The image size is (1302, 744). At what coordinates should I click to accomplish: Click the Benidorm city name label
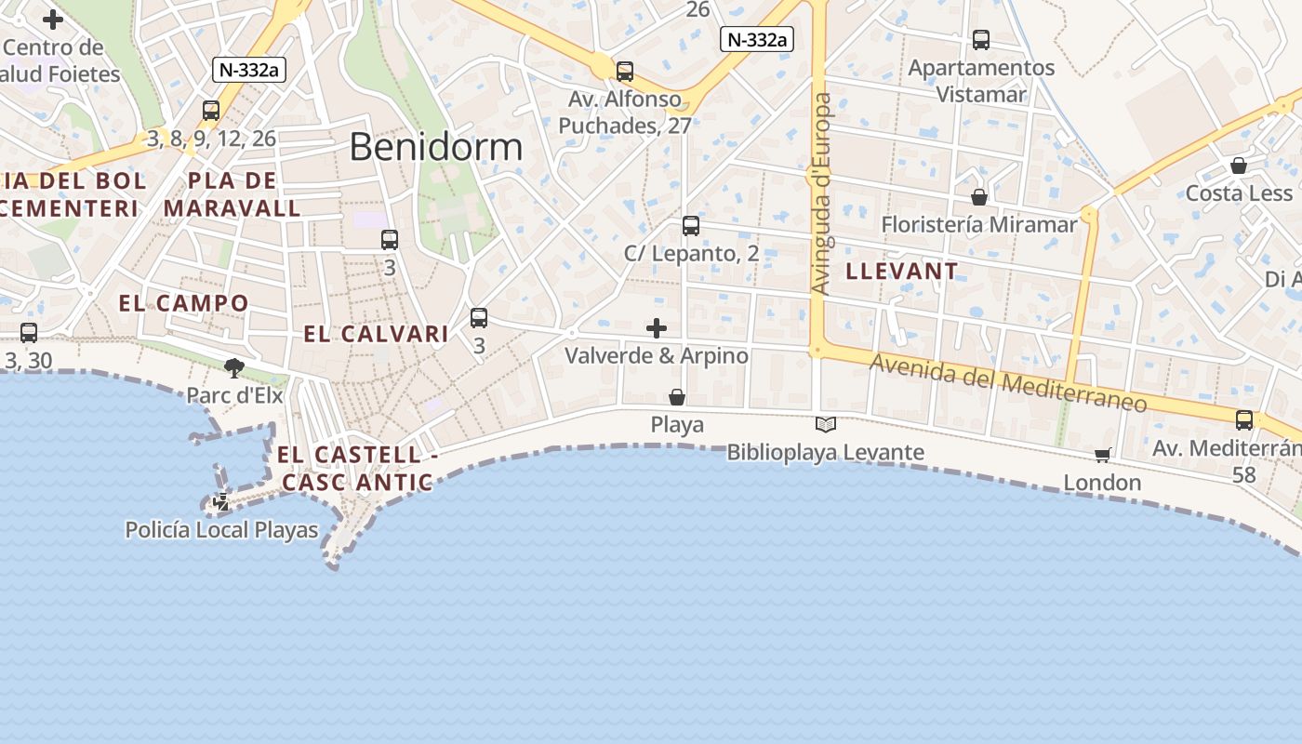click(436, 147)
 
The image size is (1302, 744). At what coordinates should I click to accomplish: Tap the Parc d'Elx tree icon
click(234, 368)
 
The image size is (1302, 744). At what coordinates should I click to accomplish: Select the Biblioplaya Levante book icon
click(825, 425)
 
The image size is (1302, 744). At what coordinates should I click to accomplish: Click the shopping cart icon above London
click(1102, 455)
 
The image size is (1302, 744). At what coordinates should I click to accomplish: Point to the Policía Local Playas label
click(221, 530)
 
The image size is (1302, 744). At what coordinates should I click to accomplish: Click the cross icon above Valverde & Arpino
click(657, 327)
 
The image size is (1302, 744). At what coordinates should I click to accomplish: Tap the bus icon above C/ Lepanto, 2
click(690, 226)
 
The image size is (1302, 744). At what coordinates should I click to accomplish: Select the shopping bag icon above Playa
click(677, 398)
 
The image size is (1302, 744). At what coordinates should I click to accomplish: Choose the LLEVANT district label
click(901, 272)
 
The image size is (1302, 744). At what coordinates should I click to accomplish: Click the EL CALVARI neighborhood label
click(376, 334)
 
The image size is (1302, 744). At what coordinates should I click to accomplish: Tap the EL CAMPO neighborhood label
click(184, 303)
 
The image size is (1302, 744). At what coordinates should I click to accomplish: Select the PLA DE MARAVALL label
click(232, 193)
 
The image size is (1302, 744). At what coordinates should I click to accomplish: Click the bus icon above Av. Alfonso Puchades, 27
click(625, 71)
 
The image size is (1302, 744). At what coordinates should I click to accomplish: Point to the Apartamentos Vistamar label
click(981, 81)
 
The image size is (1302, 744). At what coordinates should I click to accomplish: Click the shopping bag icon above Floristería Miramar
click(978, 197)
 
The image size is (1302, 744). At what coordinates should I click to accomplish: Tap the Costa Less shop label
click(1239, 193)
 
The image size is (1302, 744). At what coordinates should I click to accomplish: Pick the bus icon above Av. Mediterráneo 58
click(1244, 419)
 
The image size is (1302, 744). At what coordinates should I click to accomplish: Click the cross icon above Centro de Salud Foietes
click(53, 19)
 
